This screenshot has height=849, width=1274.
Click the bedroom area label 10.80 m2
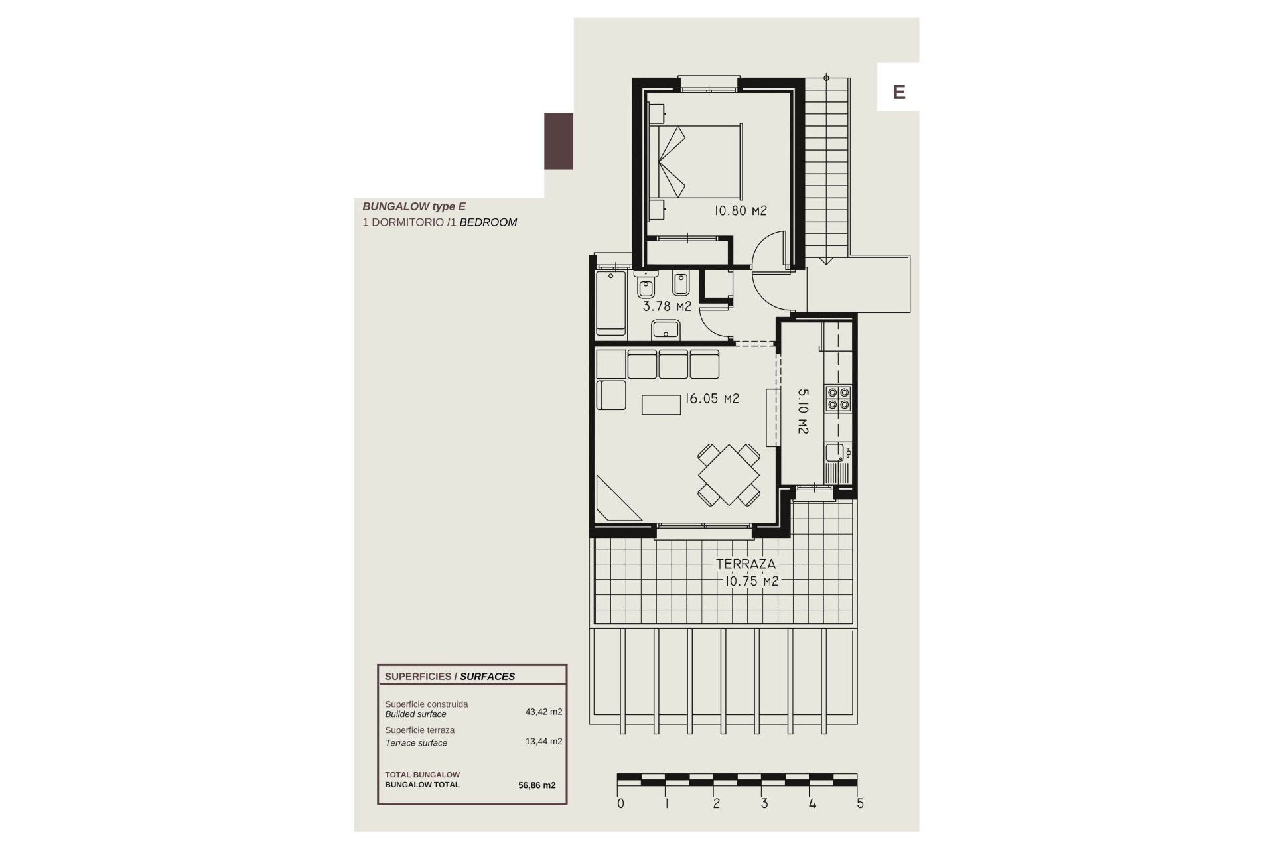[x=741, y=211]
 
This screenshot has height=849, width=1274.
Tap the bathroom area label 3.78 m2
[x=667, y=306]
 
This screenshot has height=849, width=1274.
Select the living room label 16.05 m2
[x=712, y=399]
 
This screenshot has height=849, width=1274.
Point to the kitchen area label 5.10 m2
[x=803, y=411]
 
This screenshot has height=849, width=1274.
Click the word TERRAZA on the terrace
[x=746, y=564]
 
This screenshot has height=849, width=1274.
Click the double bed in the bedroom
[x=695, y=161]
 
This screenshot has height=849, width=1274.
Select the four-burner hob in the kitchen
[x=838, y=398]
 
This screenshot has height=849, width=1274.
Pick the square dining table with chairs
[x=729, y=475]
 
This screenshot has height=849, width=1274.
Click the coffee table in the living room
[x=662, y=404]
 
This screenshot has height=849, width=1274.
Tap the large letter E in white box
[x=899, y=92]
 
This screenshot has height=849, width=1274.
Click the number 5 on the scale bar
[x=861, y=803]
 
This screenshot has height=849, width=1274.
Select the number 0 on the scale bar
[x=620, y=803]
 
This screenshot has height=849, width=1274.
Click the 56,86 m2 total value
[x=537, y=785]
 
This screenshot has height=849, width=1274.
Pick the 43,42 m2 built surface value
[x=543, y=712]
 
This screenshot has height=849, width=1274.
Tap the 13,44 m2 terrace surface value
[x=543, y=741]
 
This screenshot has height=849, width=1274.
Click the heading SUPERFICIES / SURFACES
[x=450, y=677]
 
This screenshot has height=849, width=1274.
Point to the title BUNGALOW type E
[x=414, y=206]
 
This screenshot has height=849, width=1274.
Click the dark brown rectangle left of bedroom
[x=559, y=141]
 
